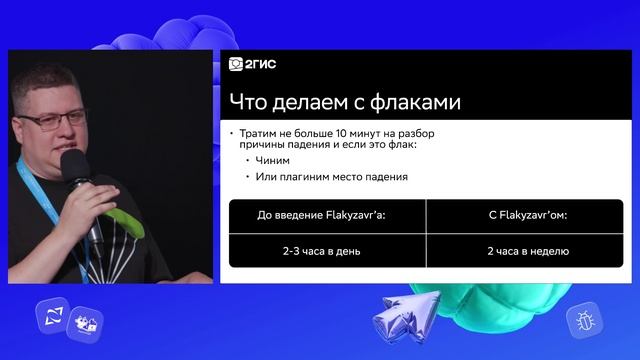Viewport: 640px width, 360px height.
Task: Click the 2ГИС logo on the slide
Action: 252,65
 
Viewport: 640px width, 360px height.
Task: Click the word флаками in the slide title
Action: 419,102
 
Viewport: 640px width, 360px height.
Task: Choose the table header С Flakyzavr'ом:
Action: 527,214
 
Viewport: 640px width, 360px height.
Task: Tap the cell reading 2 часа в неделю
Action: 527,250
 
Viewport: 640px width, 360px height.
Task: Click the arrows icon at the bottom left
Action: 50,317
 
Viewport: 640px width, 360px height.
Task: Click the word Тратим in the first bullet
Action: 262,133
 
